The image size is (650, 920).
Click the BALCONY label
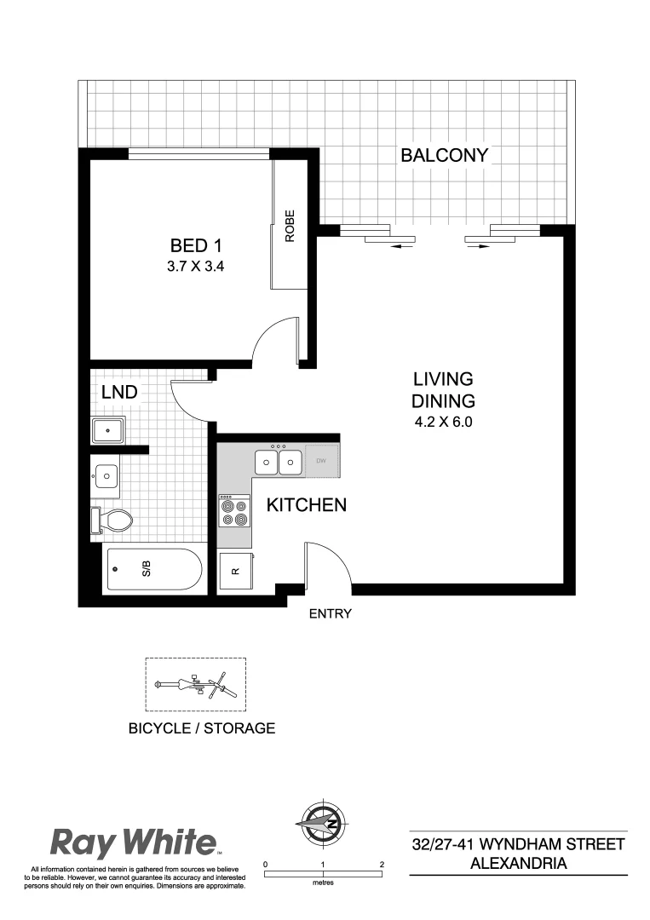pos(444,155)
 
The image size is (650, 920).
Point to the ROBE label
pos(290,227)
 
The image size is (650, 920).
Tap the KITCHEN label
pos(307,505)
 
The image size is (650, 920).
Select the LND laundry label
pos(120,393)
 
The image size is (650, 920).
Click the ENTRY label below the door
pos(330,613)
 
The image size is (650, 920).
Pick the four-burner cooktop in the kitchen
pos(233,510)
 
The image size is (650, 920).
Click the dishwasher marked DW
pos(321,462)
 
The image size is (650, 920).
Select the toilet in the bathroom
pos(111,519)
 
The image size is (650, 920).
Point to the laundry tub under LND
pos(109,430)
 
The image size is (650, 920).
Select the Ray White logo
pos(134,843)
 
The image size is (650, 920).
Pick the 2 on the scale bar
pos(382,864)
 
